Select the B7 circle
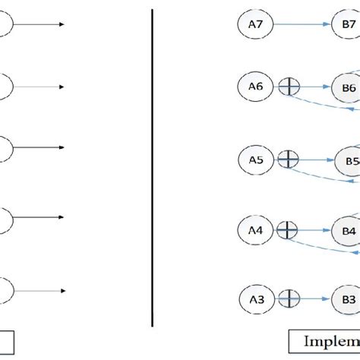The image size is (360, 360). (347, 24)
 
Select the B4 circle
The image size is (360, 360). (349, 230)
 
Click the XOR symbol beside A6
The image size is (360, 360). (289, 87)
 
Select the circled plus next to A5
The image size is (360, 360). (289, 159)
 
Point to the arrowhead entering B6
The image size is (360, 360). (328, 87)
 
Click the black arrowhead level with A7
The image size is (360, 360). (62, 24)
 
